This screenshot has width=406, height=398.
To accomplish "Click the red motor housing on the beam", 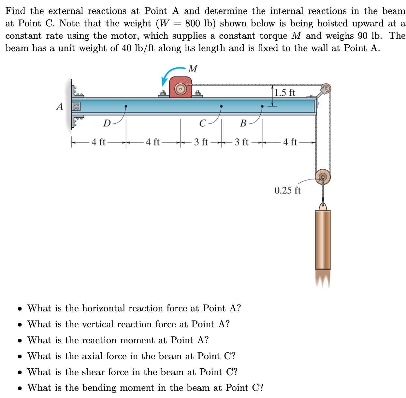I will click(x=180, y=87).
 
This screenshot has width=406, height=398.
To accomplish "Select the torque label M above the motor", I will click(x=193, y=69).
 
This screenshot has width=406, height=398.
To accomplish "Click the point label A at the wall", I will click(x=59, y=107).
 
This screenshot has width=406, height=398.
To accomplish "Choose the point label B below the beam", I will click(x=243, y=123).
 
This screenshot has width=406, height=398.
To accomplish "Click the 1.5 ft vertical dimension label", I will click(x=284, y=92).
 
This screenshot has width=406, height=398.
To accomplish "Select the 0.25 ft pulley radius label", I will click(x=287, y=190).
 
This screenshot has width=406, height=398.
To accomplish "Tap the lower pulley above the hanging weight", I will click(x=323, y=177).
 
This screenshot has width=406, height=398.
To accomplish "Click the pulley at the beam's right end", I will click(x=325, y=88).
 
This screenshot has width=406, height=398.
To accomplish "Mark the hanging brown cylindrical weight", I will click(x=323, y=239).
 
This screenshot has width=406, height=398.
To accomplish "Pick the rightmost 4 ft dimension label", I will click(x=290, y=142).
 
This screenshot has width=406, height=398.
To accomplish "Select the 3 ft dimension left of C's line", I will click(x=201, y=142).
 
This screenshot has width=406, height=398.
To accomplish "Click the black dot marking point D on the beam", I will click(x=126, y=106).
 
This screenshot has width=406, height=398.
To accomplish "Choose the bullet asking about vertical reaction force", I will click(x=128, y=324).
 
